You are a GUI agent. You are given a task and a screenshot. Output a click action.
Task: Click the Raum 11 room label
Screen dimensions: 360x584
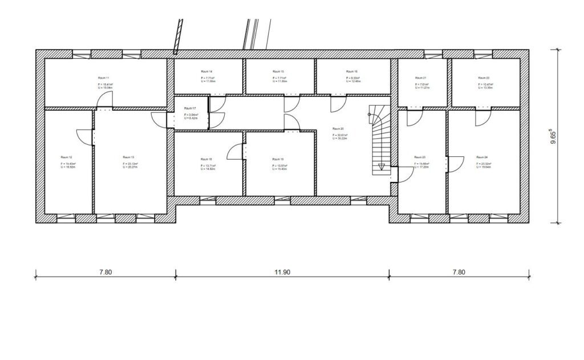103,77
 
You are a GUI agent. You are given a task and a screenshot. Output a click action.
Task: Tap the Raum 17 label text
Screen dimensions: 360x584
190,108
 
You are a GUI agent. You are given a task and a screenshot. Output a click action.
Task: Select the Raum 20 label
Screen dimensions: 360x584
339,129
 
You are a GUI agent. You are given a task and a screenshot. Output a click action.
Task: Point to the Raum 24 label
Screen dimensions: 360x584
482,157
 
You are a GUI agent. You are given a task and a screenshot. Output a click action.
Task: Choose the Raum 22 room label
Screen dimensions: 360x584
483,78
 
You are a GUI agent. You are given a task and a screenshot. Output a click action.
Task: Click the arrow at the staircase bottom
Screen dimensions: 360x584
382,167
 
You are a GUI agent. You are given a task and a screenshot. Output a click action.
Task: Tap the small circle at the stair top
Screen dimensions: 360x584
370,115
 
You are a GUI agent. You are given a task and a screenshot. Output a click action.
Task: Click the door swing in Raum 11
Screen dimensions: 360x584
104,100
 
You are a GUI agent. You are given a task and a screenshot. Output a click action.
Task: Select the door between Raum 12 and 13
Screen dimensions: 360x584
84,136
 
